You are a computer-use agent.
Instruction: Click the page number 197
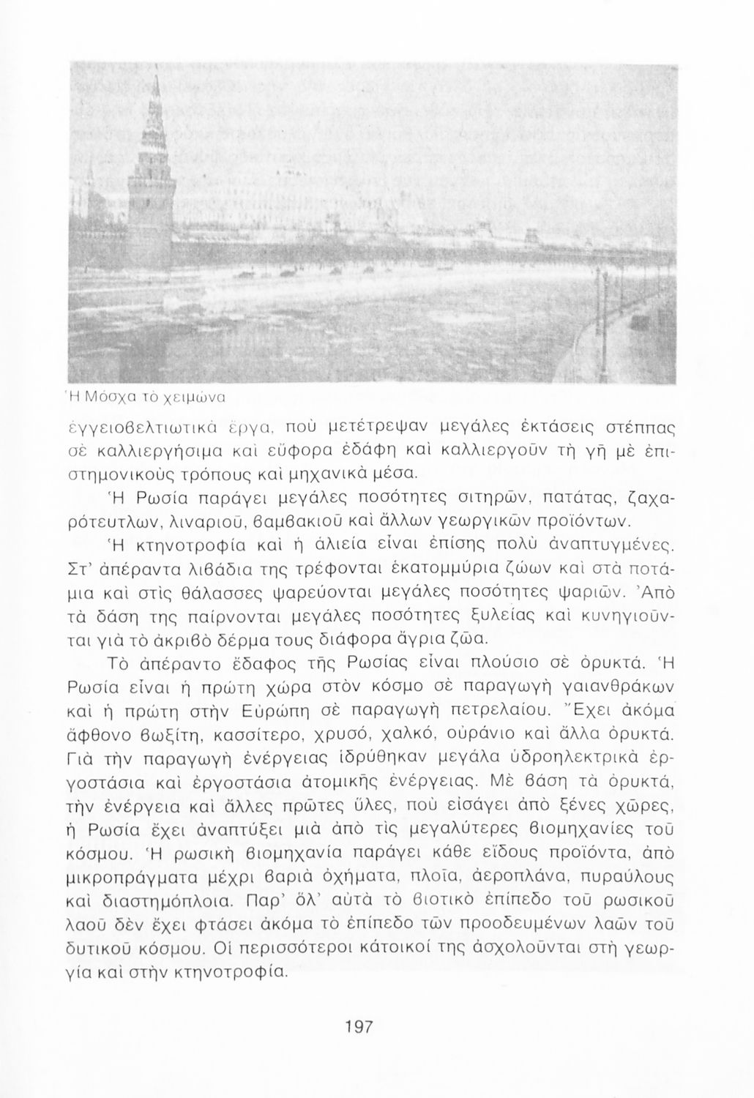[359, 1026]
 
